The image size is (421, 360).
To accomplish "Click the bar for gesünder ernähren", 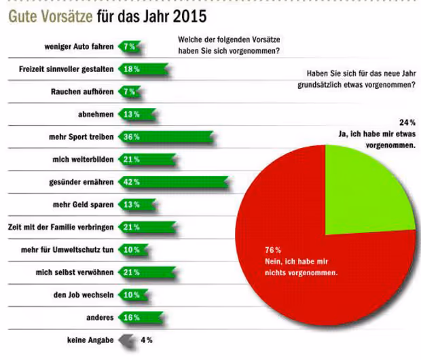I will pos(173,182).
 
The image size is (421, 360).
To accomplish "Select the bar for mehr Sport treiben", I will pos(166,137).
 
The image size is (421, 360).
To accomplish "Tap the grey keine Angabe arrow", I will pos(126,340).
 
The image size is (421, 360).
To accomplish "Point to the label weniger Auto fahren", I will pos(75,46).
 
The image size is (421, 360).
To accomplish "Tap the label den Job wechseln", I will pos(84,295).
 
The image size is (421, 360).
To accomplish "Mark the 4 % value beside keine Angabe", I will pos(146,340).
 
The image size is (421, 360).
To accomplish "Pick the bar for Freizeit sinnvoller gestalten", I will pos(143,69).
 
